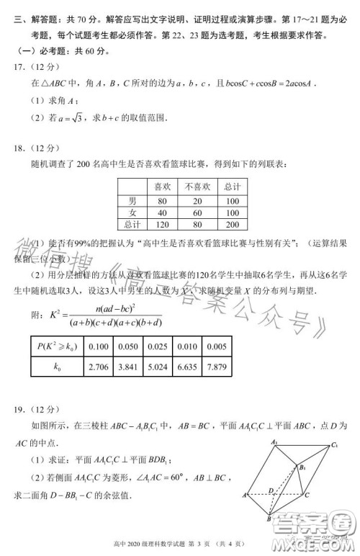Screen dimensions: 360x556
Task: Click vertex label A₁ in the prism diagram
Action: tap(274, 441)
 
